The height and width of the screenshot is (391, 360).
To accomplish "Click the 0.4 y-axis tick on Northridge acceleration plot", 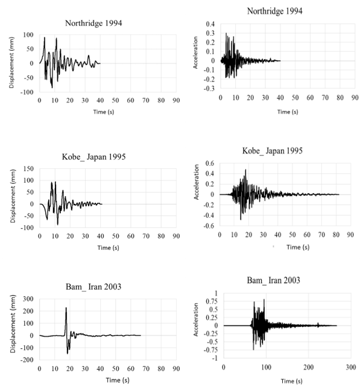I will click(210, 24).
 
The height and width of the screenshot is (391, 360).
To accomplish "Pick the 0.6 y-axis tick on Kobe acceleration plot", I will click(210, 164).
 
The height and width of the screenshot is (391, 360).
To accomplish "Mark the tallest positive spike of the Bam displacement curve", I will click(66, 308).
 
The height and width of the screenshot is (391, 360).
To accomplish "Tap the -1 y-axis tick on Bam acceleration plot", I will click(212, 358).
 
